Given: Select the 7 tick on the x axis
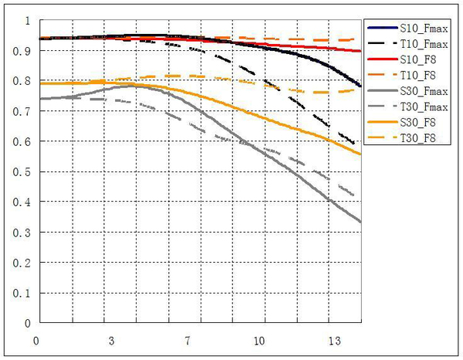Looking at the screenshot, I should (186, 339).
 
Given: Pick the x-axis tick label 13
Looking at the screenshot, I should (334, 339).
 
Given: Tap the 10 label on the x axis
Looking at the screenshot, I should (260, 339).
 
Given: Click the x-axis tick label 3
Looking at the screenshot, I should (112, 339).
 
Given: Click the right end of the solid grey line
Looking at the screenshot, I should (361, 222).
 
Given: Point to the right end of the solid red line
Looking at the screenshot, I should (361, 52).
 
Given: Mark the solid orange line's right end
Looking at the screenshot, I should (361, 154).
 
